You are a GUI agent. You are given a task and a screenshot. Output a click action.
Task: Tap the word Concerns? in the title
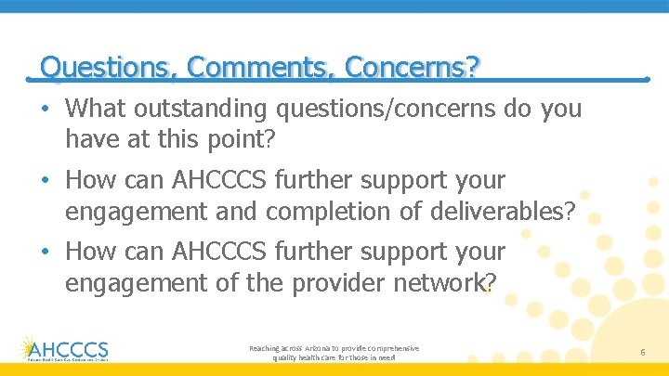[413, 67]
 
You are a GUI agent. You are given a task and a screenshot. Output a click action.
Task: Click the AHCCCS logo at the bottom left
[64, 348]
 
